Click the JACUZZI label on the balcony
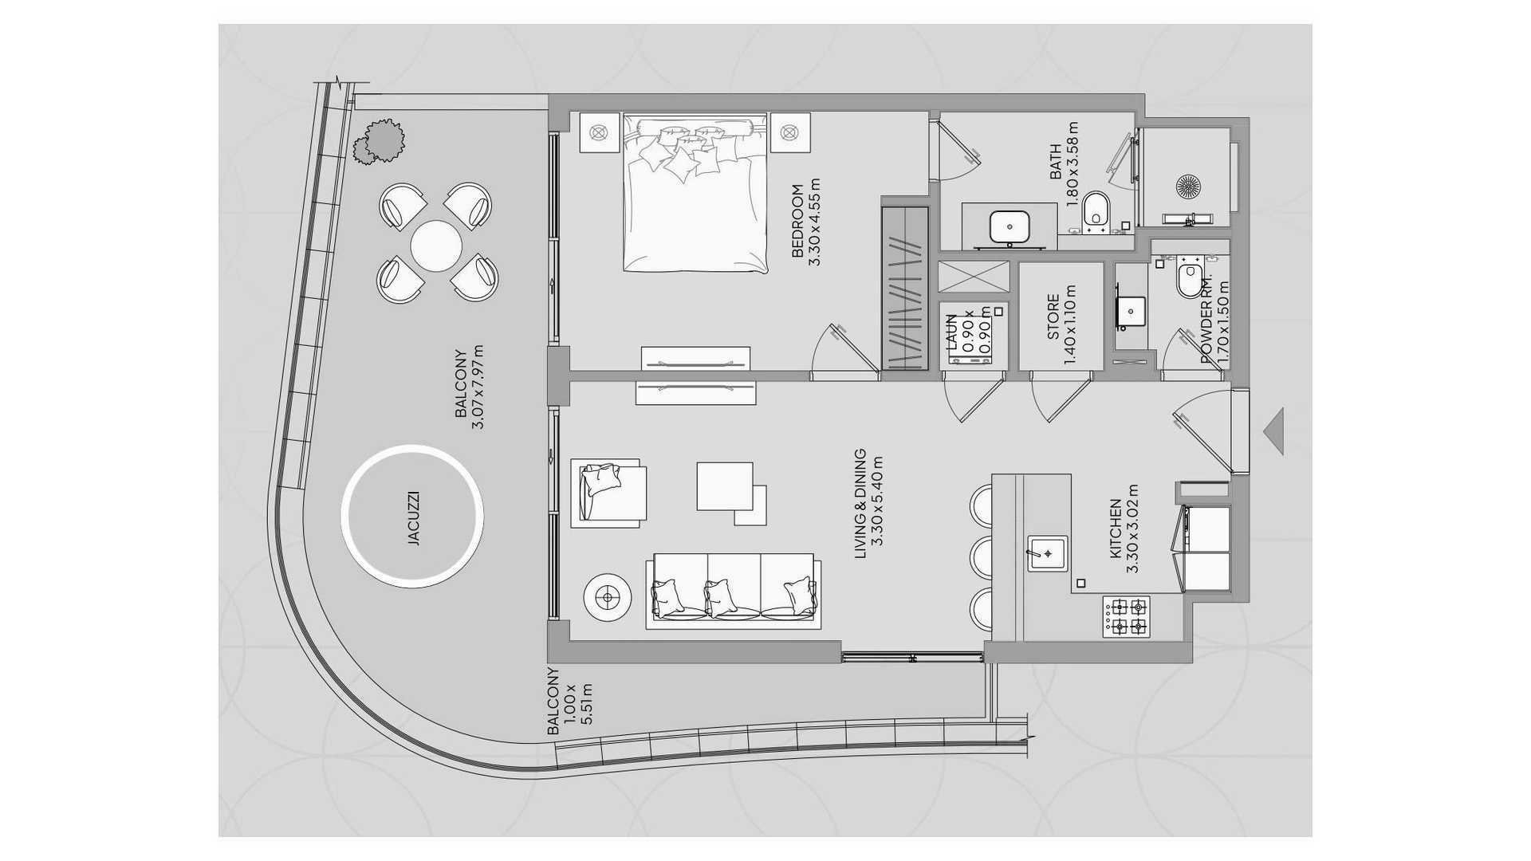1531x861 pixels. (x=413, y=518)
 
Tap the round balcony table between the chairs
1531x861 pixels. (x=436, y=246)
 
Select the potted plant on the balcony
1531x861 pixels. (x=380, y=142)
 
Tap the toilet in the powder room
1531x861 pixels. (x=1190, y=279)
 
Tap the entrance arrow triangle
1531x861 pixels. (x=1273, y=431)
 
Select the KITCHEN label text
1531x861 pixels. (x=1116, y=529)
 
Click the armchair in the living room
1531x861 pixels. (x=608, y=493)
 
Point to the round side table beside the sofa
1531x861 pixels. (x=609, y=597)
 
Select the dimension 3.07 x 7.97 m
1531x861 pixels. (x=478, y=387)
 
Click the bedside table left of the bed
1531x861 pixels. (x=600, y=132)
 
